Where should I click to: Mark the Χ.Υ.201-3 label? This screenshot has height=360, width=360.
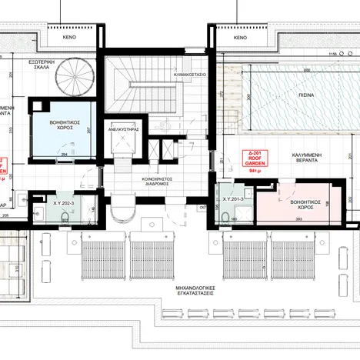point(234,198)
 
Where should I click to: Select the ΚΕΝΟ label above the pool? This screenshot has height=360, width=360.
point(239,38)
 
